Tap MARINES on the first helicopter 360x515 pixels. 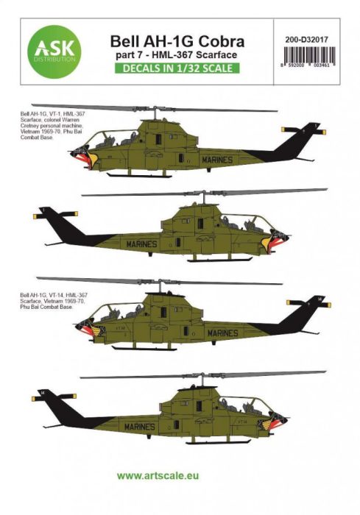[214, 159]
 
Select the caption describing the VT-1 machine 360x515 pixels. [49, 128]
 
